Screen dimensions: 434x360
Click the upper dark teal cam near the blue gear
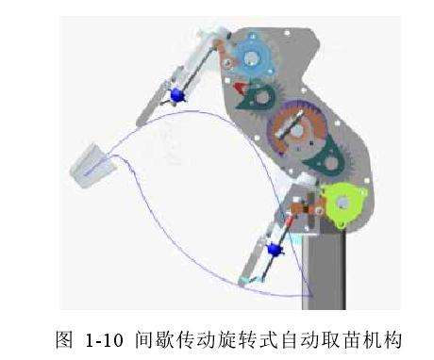tap(260, 95)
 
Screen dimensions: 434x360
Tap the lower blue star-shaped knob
tap(275, 249)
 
